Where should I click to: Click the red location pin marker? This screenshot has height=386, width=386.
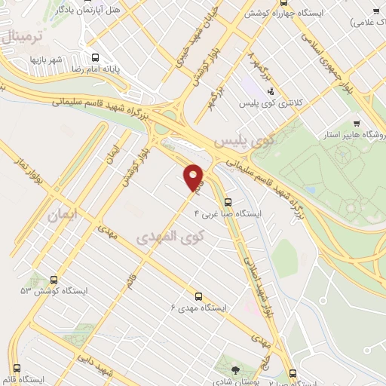[x=194, y=177]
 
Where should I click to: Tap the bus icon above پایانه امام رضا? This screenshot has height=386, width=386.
[x=95, y=57]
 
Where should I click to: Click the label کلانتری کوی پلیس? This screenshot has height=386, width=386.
[x=271, y=103]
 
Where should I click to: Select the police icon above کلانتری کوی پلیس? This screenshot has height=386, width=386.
[x=271, y=92]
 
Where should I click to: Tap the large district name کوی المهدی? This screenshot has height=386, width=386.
[x=171, y=237]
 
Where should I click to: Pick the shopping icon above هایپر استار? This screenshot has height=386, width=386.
[x=357, y=124]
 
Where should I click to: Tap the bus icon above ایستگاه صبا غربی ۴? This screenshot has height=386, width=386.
[x=228, y=201]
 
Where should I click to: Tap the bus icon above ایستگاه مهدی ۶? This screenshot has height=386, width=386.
[x=198, y=296]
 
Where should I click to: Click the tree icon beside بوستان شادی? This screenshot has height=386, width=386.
[x=236, y=369]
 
